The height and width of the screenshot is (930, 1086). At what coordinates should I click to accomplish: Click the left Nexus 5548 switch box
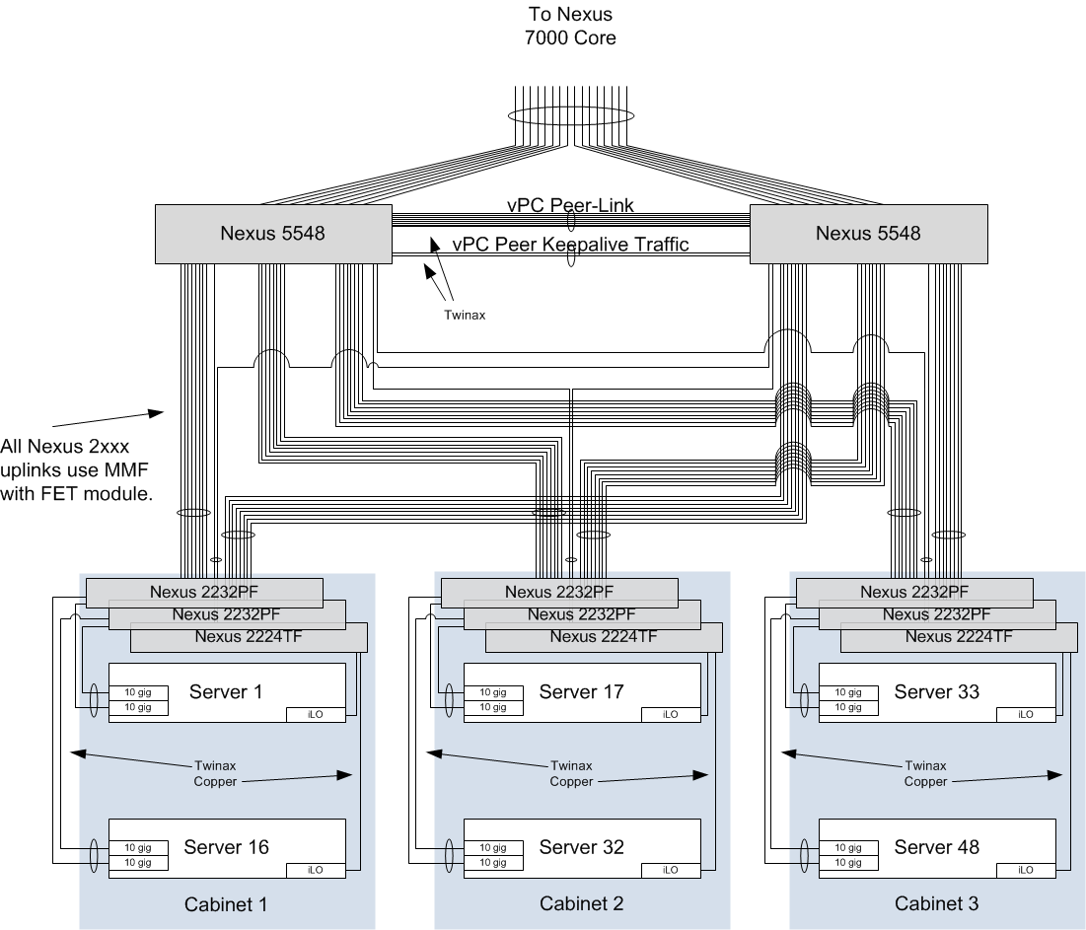point(271,234)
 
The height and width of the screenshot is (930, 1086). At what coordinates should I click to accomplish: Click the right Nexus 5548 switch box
point(868,234)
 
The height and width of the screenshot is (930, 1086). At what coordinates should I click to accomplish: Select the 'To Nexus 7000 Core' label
point(569,27)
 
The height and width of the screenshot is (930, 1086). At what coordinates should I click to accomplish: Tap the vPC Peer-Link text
point(570,206)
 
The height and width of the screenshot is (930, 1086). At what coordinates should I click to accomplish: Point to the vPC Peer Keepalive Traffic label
point(570,244)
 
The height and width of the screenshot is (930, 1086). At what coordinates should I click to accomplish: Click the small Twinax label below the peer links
point(464,317)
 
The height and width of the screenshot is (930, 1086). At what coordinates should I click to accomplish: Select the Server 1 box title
point(226,691)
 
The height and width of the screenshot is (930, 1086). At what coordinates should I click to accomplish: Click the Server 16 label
point(226,846)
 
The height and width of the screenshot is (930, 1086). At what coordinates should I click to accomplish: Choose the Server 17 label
point(581,691)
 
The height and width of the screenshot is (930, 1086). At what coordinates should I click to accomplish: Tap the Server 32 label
point(581,846)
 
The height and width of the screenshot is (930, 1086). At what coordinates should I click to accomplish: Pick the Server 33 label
point(936,691)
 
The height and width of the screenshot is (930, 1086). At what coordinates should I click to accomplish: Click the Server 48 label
point(936,846)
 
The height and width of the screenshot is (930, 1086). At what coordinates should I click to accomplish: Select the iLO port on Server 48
point(1026,870)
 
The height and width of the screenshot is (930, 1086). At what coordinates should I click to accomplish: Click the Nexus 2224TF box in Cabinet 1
point(249,637)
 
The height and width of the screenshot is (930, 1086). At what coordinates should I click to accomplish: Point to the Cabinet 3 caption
point(936,903)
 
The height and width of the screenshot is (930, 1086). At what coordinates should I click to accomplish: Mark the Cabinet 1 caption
point(226,903)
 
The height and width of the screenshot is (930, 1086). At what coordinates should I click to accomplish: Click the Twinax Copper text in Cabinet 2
point(571,773)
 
